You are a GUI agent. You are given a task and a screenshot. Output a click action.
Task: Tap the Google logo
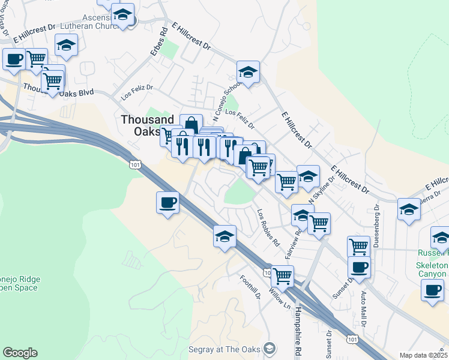click(20, 353)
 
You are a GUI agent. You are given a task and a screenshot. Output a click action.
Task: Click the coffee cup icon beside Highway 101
click(168, 202)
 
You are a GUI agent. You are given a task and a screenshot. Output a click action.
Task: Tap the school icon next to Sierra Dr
click(409, 209)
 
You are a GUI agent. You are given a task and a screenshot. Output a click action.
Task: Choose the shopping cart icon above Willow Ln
click(282, 277)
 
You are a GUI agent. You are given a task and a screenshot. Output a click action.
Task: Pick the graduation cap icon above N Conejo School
click(247, 72)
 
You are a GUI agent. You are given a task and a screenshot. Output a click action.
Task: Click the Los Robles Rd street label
click(268, 229)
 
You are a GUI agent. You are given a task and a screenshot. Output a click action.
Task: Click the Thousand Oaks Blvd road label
click(59, 90)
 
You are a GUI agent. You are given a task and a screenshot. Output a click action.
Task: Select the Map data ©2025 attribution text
click(424, 355)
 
